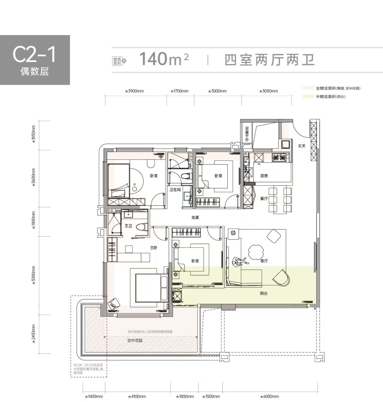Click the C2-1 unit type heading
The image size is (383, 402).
click(x=34, y=54)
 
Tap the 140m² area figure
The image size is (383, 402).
click(x=163, y=59)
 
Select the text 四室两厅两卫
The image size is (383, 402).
click(x=270, y=60)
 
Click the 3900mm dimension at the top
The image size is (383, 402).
click(x=135, y=91)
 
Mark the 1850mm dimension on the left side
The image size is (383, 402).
click(x=34, y=134)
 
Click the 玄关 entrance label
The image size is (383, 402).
click(x=301, y=146)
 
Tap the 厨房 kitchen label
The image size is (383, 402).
click(x=264, y=176)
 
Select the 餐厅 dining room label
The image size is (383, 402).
click(x=264, y=198)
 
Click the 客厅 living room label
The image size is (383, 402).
click(x=264, y=261)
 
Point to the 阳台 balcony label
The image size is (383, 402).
click(x=263, y=293)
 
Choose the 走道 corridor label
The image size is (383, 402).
click(x=195, y=217)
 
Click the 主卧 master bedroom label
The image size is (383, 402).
click(x=153, y=248)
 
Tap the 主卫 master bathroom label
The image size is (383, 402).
click(x=128, y=226)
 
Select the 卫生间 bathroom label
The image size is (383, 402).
click(x=175, y=190)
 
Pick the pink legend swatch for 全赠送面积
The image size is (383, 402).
click(x=308, y=88)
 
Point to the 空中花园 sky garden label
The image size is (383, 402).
click(x=135, y=340)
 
